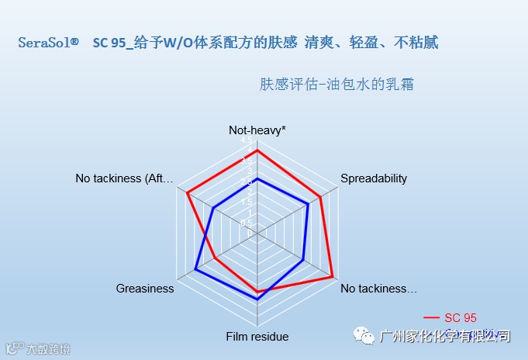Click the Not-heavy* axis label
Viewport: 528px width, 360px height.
click(x=257, y=130)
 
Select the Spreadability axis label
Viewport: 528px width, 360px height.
click(x=374, y=178)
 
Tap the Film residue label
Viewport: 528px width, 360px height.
click(x=257, y=337)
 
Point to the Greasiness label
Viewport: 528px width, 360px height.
click(x=145, y=289)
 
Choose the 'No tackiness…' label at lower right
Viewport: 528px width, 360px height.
click(x=378, y=289)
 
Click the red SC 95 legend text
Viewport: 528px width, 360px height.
click(x=461, y=317)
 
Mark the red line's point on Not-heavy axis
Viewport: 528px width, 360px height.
click(x=257, y=150)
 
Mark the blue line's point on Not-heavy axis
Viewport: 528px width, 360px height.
click(x=257, y=179)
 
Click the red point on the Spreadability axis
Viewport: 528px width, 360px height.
click(x=320, y=194)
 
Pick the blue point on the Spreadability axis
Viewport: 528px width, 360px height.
click(x=309, y=203)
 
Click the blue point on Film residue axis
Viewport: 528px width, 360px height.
click(x=257, y=299)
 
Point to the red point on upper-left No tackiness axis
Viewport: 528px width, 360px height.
click(x=188, y=192)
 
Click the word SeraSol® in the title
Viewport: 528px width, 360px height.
click(x=48, y=43)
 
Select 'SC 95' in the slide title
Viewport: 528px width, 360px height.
click(x=109, y=43)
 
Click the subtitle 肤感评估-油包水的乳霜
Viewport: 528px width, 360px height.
click(x=336, y=84)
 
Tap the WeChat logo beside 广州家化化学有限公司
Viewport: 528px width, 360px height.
click(x=364, y=336)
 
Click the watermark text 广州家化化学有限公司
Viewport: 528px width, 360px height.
click(x=445, y=336)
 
